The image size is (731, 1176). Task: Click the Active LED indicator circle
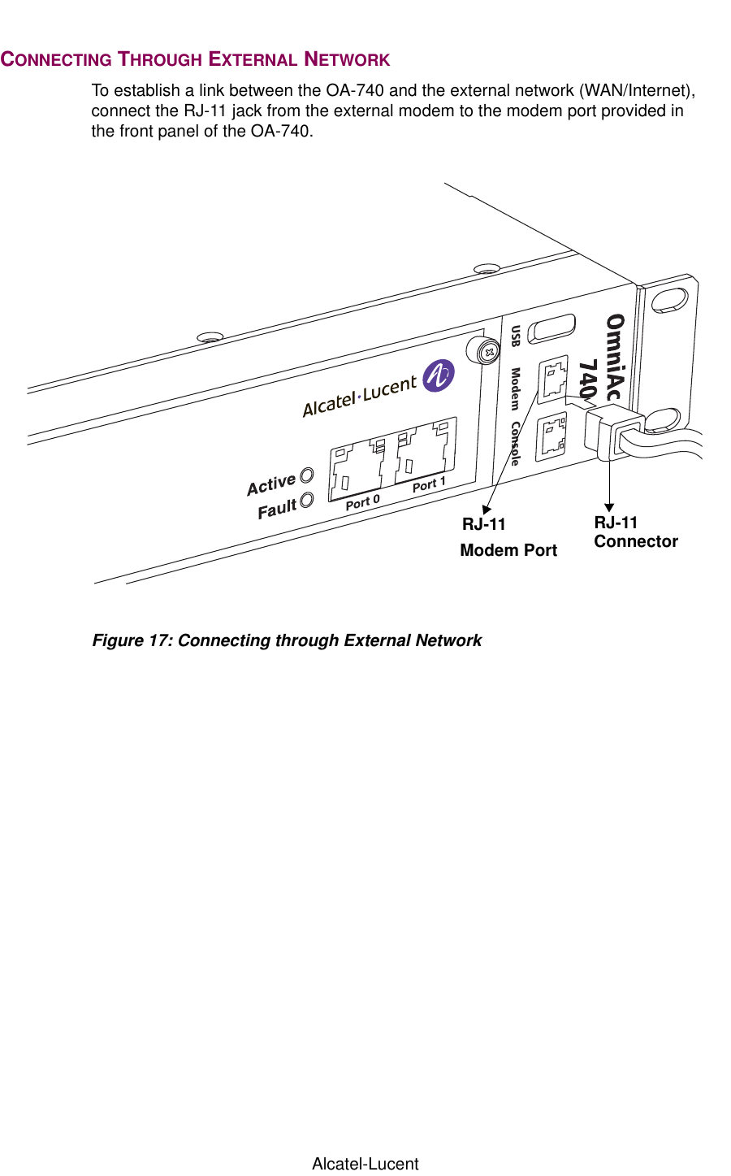pos(307,475)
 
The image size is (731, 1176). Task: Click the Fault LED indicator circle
pos(306,501)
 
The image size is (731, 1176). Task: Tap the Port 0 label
pos(362,502)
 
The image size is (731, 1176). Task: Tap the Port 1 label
pos(429,484)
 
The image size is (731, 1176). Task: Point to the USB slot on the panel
pos(551,329)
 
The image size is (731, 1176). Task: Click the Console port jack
pos(552,434)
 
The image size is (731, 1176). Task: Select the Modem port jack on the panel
pos(552,380)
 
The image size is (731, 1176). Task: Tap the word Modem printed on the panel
pos(515,388)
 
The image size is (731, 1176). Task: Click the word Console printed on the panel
pos(515,444)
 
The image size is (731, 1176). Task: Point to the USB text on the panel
pos(515,336)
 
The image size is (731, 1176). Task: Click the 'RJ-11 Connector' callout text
pos(635,532)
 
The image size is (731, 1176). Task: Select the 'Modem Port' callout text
pos(508,550)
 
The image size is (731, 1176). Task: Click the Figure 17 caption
pos(287,640)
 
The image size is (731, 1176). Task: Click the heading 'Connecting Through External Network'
pos(195,59)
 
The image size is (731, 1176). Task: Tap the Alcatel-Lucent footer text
pos(365,1164)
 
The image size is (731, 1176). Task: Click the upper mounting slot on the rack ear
pos(669,300)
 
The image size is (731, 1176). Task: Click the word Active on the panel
pos(271,484)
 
